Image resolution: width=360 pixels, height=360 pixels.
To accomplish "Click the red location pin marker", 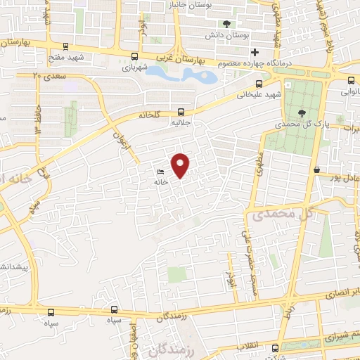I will (181, 165).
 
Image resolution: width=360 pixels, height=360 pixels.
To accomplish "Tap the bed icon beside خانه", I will (161, 172).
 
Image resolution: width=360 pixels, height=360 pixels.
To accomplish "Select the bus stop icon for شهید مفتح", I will (65, 47).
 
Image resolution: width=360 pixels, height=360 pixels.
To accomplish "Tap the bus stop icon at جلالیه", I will (181, 111).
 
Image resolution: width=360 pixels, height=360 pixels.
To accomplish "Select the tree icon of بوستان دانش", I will (226, 24).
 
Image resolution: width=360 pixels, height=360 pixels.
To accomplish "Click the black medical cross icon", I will (255, 52).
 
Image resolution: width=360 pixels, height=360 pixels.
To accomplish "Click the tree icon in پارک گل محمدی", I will (302, 112).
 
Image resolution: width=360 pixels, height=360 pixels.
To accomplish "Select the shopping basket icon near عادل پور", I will (318, 169).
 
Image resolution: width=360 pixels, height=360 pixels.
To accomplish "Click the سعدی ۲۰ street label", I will (47, 75).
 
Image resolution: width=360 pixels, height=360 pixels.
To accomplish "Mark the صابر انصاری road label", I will (341, 292).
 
